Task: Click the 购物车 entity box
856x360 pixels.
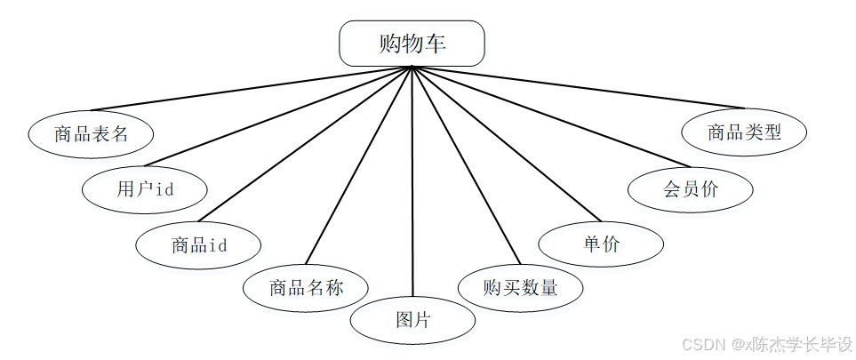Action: pyautogui.click(x=412, y=44)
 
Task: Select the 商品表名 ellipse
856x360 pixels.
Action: pyautogui.click(x=91, y=134)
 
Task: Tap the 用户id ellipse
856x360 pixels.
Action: pyautogui.click(x=145, y=188)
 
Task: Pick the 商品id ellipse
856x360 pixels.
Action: pyautogui.click(x=198, y=244)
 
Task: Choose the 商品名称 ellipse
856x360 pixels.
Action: pyautogui.click(x=306, y=287)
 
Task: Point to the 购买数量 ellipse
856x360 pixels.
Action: pyautogui.click(x=520, y=287)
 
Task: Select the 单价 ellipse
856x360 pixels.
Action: pyautogui.click(x=601, y=244)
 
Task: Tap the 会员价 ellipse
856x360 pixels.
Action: pyautogui.click(x=690, y=188)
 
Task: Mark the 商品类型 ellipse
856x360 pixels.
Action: pyautogui.click(x=744, y=132)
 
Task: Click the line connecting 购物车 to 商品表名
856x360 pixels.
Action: pyautogui.click(x=249, y=89)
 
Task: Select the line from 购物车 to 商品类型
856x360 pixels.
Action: pyautogui.click(x=578, y=86)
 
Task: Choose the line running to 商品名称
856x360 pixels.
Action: pyautogui.click(x=358, y=165)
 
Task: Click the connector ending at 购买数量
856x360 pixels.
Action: pyautogui.click(x=466, y=165)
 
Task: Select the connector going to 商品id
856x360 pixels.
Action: pyautogui.click(x=305, y=144)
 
